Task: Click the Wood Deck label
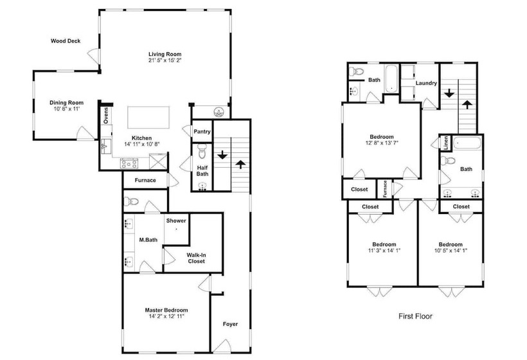(66, 41)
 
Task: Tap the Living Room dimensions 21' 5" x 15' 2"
(165, 60)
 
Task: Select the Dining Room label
(67, 103)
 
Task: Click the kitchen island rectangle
(148, 117)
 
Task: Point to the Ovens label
(106, 115)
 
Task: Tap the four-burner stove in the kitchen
(129, 164)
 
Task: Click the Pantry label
(202, 131)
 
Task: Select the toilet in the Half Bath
(202, 151)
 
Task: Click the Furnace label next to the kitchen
(145, 180)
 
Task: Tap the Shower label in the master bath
(176, 221)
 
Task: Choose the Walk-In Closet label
(196, 258)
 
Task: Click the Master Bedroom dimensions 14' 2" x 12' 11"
(166, 316)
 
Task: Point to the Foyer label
(230, 324)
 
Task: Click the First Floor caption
(415, 316)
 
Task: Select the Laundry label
(426, 83)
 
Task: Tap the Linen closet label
(445, 143)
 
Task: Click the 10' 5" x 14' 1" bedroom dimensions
(451, 251)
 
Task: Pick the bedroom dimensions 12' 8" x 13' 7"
(382, 143)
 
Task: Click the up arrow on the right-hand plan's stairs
(466, 104)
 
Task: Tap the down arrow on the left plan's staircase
(222, 155)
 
